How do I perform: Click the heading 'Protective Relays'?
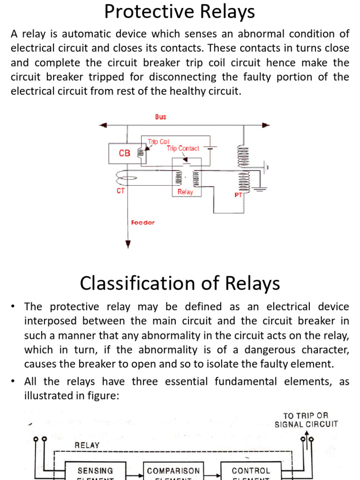click(x=180, y=12)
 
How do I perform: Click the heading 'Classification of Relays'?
click(x=180, y=284)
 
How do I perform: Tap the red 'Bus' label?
click(x=160, y=117)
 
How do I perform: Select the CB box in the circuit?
click(x=124, y=153)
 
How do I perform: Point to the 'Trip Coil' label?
click(x=158, y=141)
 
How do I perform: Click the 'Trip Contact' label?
click(x=183, y=148)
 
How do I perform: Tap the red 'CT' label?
click(x=120, y=191)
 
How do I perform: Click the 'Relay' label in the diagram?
click(x=185, y=192)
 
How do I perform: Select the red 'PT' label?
click(x=238, y=195)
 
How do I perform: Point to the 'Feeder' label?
click(x=142, y=223)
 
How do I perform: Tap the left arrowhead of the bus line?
click(x=103, y=125)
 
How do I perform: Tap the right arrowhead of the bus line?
click(x=266, y=125)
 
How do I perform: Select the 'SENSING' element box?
click(x=95, y=471)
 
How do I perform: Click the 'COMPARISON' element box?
click(x=173, y=471)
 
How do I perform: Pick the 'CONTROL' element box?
click(x=251, y=471)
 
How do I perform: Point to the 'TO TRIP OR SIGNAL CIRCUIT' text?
click(x=306, y=420)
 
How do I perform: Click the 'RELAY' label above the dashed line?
click(x=87, y=445)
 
